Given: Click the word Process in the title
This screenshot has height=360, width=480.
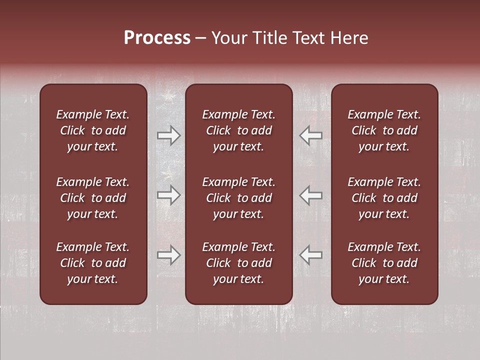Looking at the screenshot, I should click(157, 38).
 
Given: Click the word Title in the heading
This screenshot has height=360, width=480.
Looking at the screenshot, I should click(269, 38).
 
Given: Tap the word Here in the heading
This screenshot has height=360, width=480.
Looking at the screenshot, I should click(348, 38).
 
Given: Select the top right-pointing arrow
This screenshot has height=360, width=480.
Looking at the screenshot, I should click(169, 135).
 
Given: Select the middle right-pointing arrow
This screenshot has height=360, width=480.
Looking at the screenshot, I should click(169, 195).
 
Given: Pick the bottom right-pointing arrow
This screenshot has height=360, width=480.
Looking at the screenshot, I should click(169, 255).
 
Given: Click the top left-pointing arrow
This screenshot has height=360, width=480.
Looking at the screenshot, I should click(310, 135).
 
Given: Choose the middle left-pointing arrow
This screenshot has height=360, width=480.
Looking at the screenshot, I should click(310, 195).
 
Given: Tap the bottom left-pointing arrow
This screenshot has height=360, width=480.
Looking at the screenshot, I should click(310, 255).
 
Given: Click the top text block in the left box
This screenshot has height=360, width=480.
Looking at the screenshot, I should click(93, 130).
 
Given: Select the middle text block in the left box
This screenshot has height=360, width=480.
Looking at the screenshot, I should click(93, 198).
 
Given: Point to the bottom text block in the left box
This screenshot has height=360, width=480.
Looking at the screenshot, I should click(93, 263).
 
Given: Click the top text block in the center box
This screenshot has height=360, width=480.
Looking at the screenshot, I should click(238, 130).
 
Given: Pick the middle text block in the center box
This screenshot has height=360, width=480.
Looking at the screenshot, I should click(238, 198).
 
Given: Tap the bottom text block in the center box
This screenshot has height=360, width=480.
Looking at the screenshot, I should click(238, 263).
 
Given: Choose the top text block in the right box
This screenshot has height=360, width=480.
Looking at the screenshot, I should click(384, 130).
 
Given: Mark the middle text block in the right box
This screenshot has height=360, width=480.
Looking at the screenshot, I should click(384, 198).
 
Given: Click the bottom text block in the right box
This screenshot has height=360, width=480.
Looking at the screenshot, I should click(384, 263).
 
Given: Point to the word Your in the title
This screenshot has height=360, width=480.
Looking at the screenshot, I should click(229, 38).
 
